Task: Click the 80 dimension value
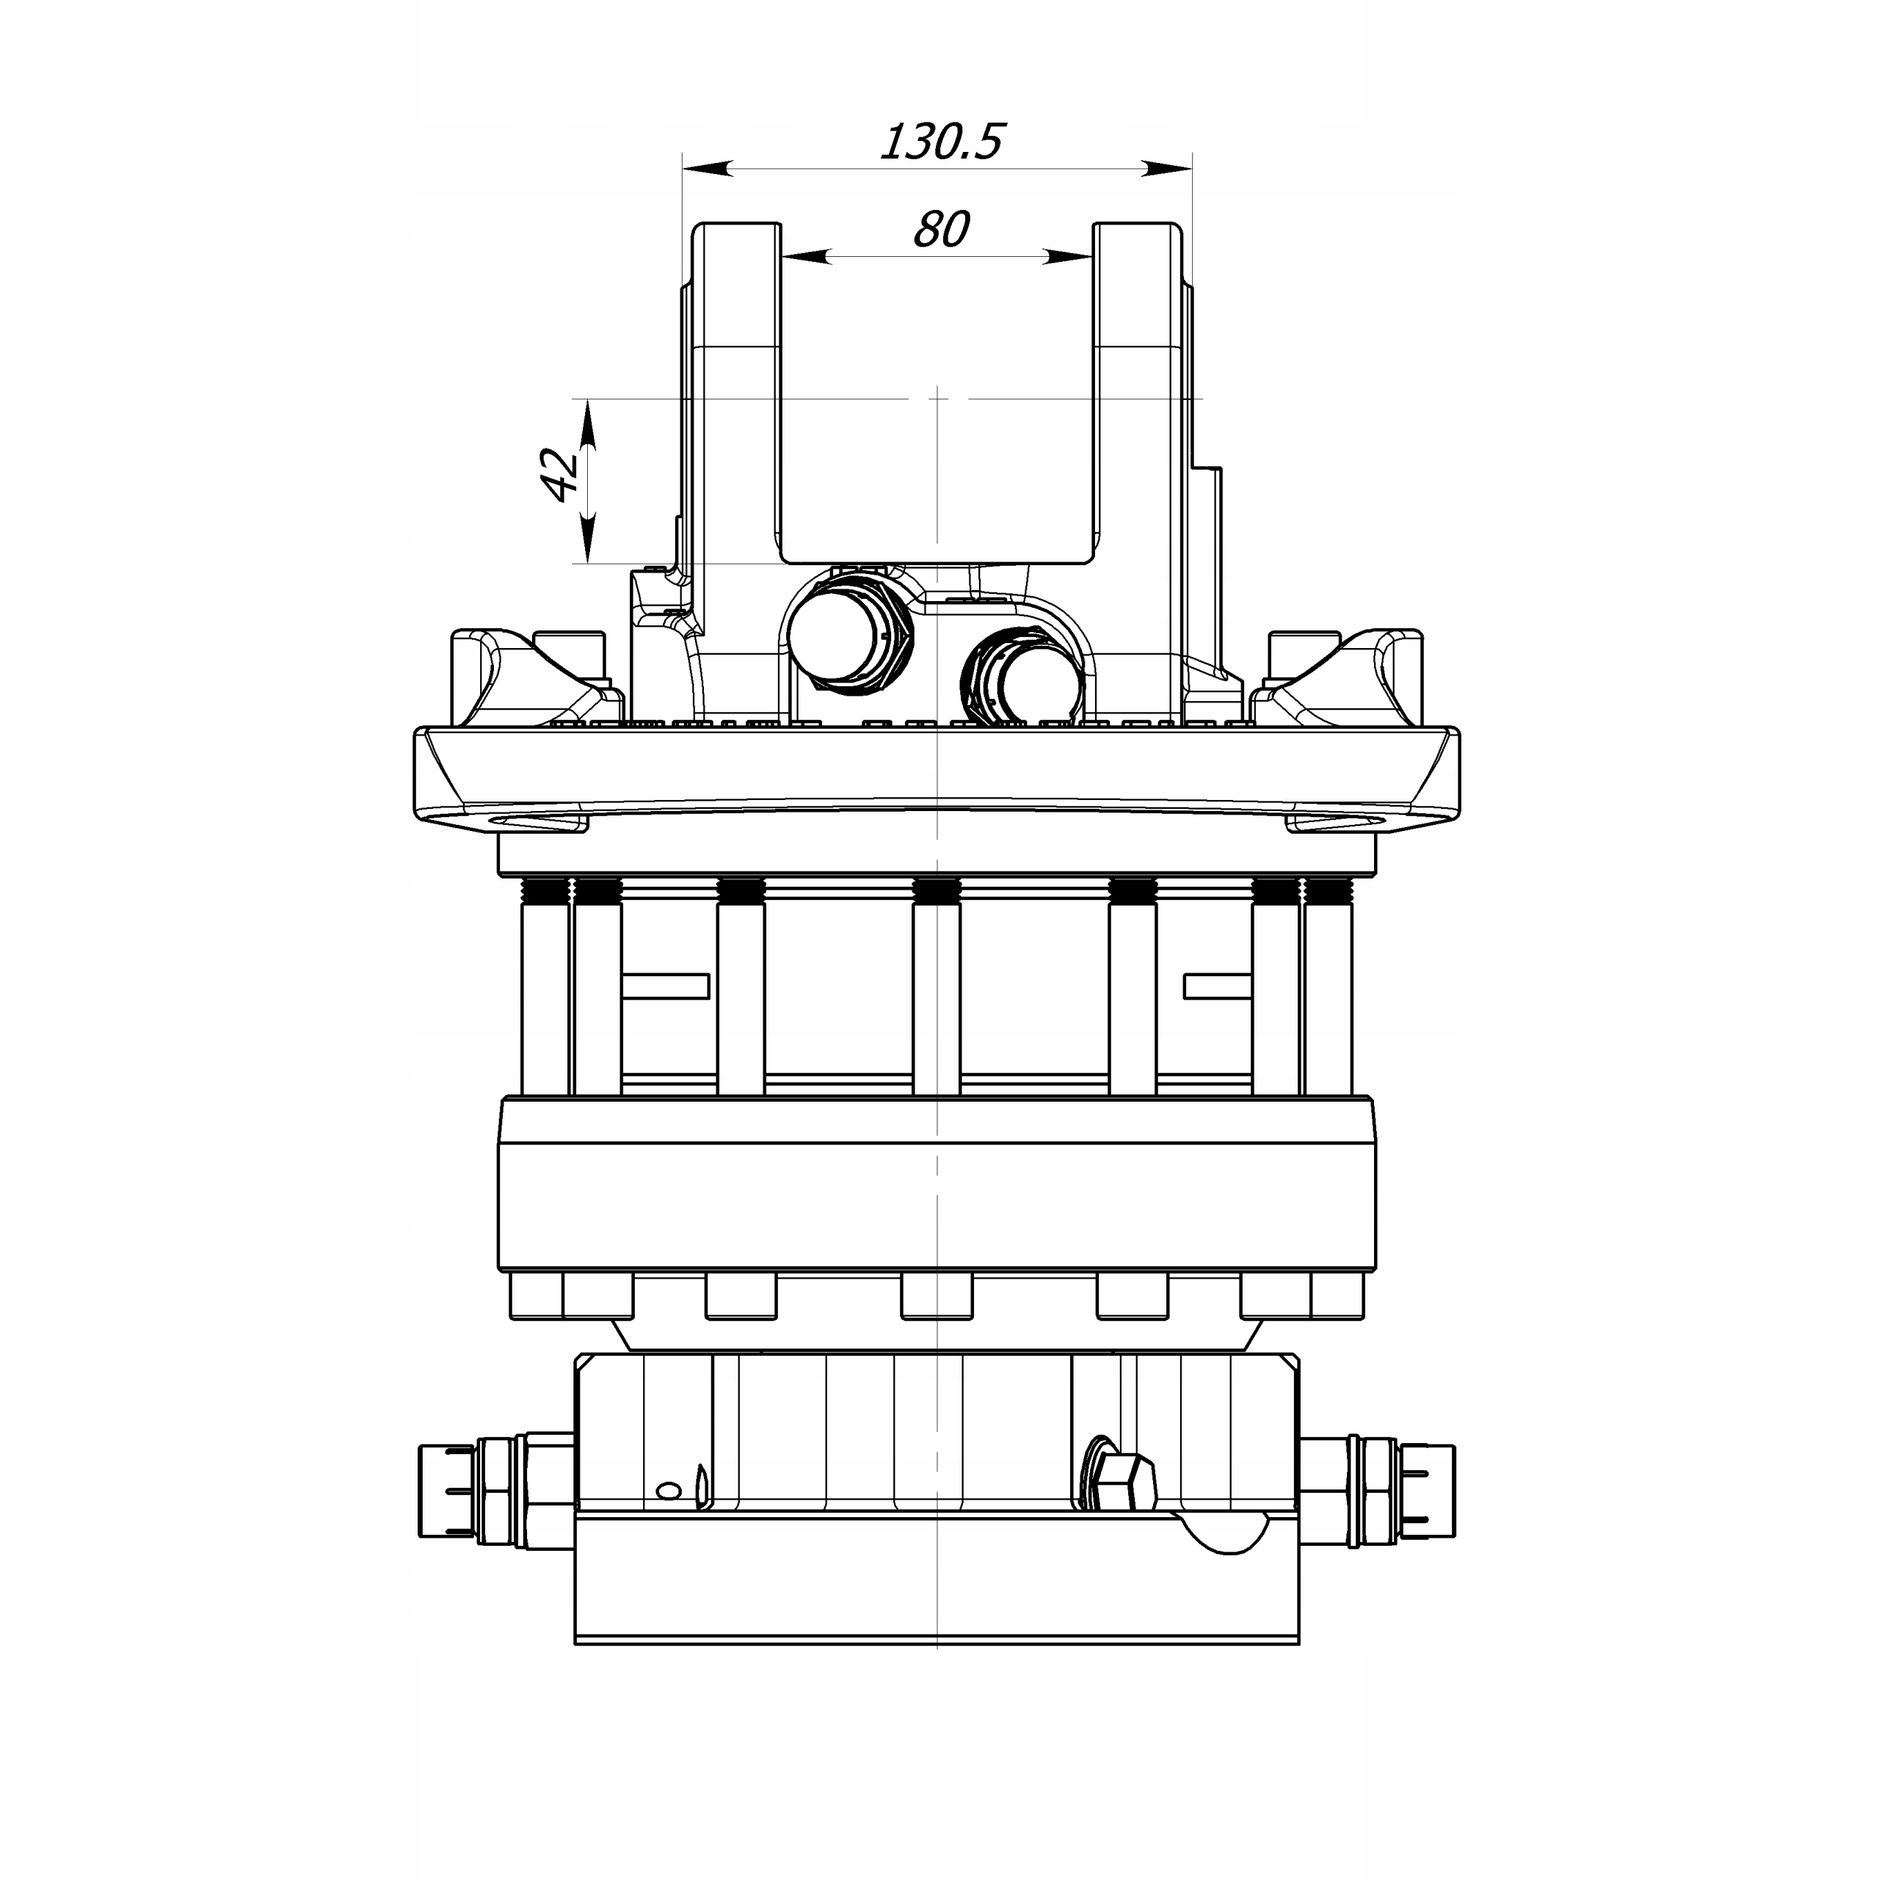pos(940,230)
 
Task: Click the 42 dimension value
pos(560,475)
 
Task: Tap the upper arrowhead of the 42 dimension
pos(587,428)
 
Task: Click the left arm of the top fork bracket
pos(736,389)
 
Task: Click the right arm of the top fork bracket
pos(1138,389)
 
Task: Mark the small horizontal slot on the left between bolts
pos(665,986)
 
